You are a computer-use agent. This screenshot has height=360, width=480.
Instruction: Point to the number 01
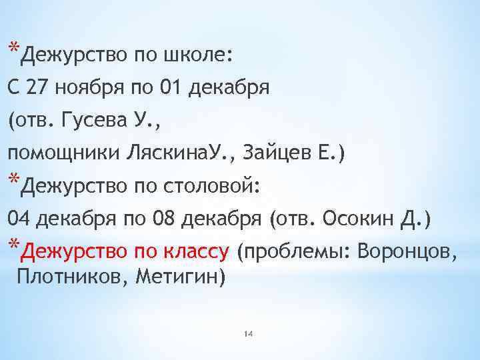169,87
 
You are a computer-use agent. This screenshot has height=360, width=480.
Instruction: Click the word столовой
213,185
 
